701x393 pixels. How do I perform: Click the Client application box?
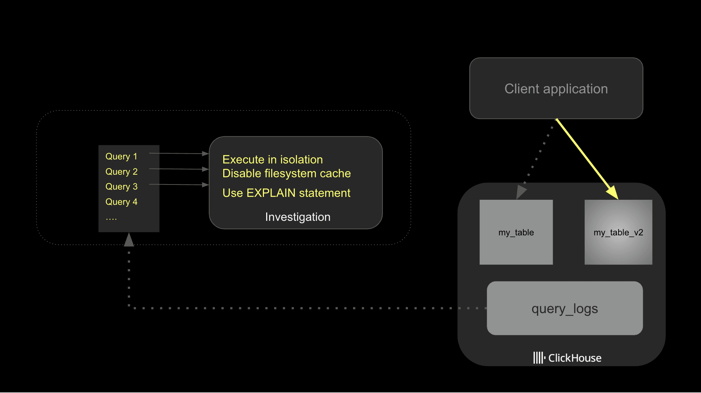(x=556, y=89)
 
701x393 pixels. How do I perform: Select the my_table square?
(x=516, y=232)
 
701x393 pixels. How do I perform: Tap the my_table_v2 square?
(x=618, y=232)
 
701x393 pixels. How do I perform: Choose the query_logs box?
(x=565, y=308)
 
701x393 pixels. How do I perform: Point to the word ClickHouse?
(x=575, y=358)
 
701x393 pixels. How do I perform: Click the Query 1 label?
(x=121, y=156)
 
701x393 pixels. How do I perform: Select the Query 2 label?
(x=121, y=171)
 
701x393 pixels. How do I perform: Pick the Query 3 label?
(x=121, y=186)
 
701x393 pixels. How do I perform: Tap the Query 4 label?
(x=121, y=202)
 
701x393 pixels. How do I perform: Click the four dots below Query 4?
(x=111, y=219)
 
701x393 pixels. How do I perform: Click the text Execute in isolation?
(x=272, y=159)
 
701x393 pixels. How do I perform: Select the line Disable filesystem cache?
(x=286, y=173)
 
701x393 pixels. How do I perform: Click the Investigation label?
(x=297, y=217)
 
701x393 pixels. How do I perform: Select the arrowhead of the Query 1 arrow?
(x=205, y=154)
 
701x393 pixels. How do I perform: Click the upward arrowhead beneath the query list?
(x=129, y=240)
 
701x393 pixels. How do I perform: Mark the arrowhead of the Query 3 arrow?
(x=205, y=185)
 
